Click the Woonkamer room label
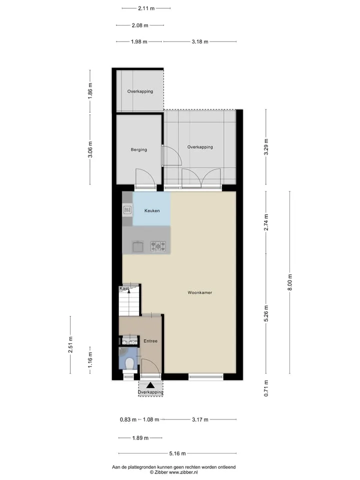tap(199, 292)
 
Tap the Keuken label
tap(152, 210)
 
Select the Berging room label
tap(138, 149)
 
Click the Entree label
tap(150, 340)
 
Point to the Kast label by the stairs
tap(124, 288)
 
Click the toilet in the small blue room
tap(129, 363)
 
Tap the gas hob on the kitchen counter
tap(158, 246)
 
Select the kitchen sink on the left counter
tap(127, 210)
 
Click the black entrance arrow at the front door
tap(150, 385)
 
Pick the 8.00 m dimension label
tap(290, 282)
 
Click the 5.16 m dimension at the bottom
tap(177, 453)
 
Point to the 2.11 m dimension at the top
tap(146, 8)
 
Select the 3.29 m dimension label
tap(266, 147)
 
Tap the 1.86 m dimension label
tap(90, 91)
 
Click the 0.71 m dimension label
tap(266, 388)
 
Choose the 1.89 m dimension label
tap(140, 438)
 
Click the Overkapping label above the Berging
tap(140, 91)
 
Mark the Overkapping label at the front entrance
tap(150, 392)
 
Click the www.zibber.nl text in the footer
tap(183, 472)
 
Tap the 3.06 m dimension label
tap(90, 149)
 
